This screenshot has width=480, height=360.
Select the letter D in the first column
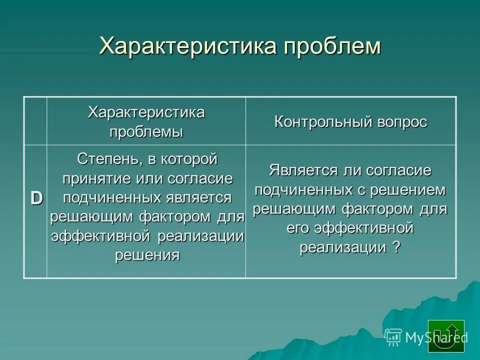(36, 198)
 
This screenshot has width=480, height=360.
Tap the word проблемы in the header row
(146, 132)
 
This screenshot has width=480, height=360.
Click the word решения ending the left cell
(147, 255)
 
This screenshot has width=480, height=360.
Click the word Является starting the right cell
(302, 170)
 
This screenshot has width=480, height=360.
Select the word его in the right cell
(298, 228)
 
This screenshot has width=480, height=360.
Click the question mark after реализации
(396, 247)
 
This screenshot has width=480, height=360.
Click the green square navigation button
(446, 336)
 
